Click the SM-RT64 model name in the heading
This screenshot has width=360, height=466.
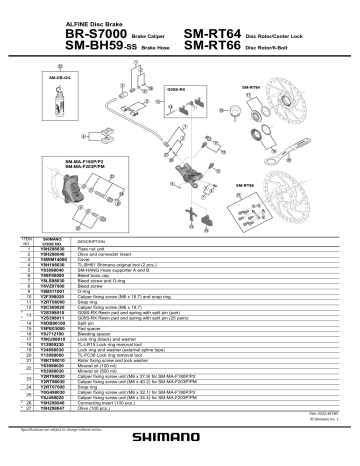point(218,32)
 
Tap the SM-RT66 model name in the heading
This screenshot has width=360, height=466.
point(218,46)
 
